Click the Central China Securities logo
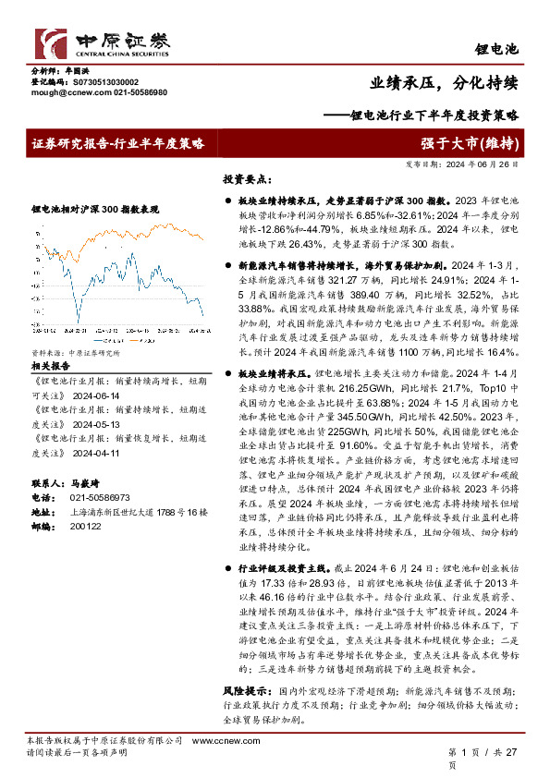tap(102, 43)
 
